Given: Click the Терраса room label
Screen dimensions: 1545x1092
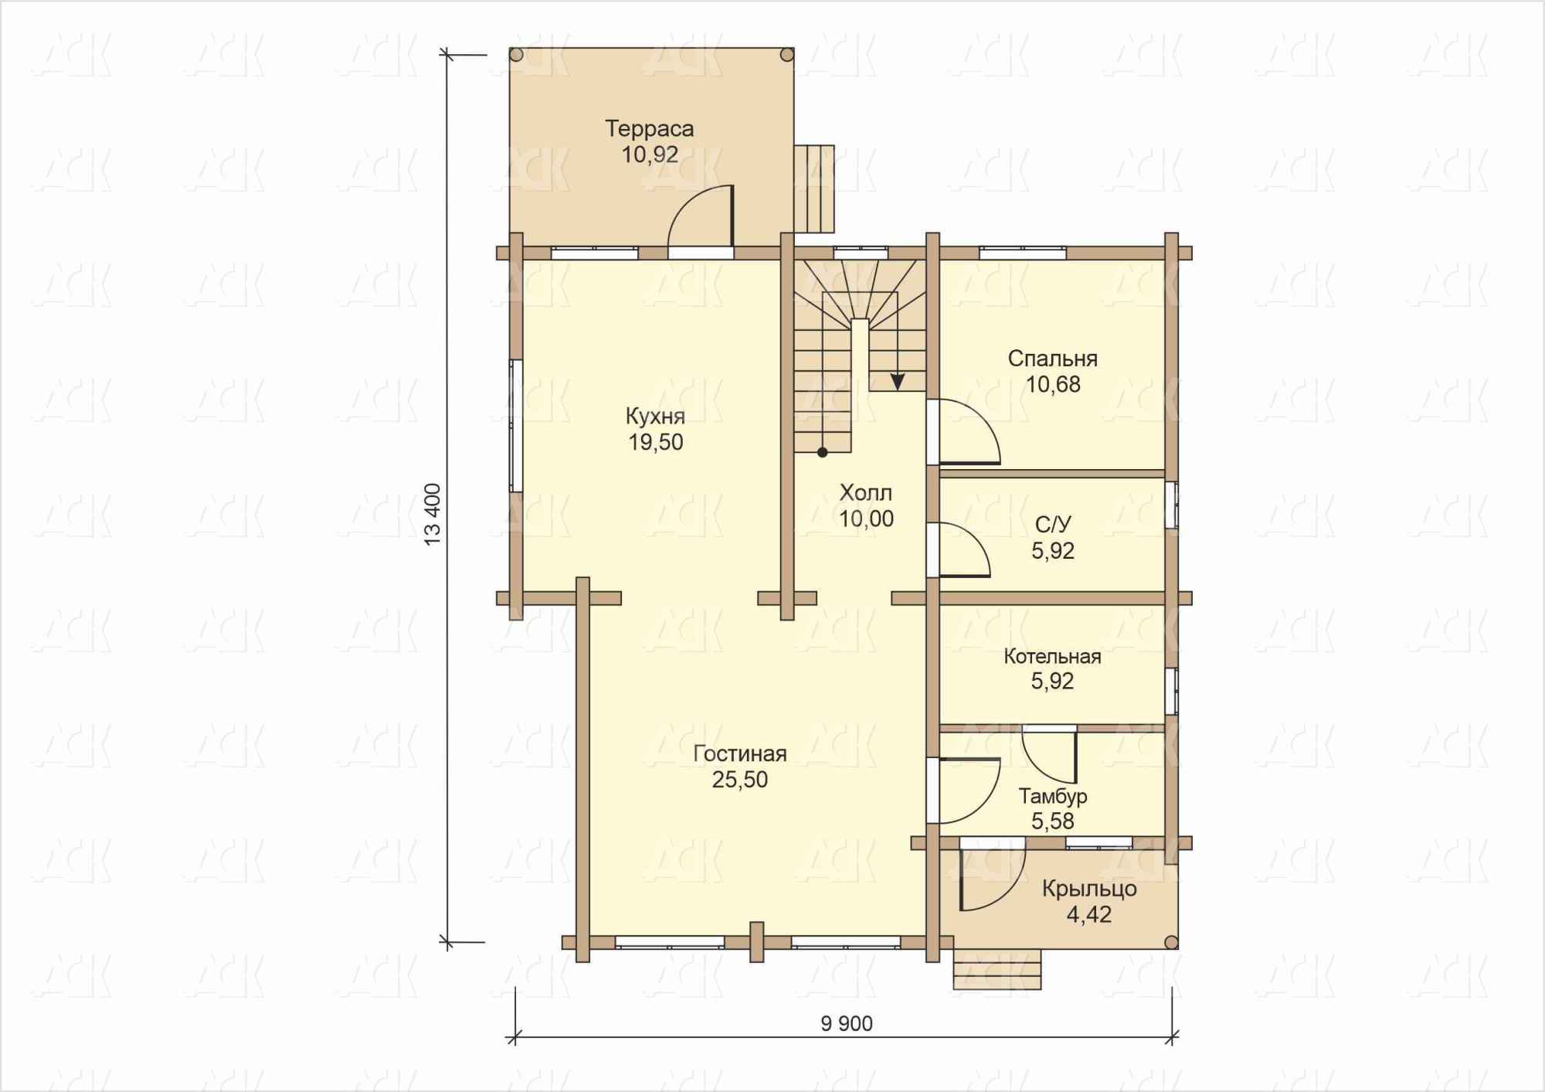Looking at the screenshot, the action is coord(649,128).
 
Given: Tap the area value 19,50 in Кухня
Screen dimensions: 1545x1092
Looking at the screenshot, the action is coord(656,442).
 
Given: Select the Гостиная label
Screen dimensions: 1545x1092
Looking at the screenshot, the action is coord(740,754).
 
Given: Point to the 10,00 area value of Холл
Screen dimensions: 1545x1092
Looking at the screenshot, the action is coord(866,519).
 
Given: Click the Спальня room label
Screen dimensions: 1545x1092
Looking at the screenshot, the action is coord(1052,359).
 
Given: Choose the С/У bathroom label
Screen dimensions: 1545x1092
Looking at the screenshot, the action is coord(1053,525).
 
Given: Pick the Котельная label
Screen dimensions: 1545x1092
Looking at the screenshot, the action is coord(1052,656).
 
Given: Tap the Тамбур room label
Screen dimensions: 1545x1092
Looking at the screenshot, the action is coord(1053,796).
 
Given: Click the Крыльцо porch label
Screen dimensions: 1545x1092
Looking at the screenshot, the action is coord(1089,889).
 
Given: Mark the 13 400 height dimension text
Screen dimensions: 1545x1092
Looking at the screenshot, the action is coord(433,515).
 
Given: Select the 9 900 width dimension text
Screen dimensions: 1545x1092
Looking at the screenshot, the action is coord(847,1024).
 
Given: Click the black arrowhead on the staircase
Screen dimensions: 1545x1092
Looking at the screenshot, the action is coord(898,382).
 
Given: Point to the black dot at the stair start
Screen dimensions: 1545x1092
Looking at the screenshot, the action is coord(823,453).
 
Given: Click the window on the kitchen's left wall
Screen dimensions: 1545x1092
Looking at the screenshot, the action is coord(515,425).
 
